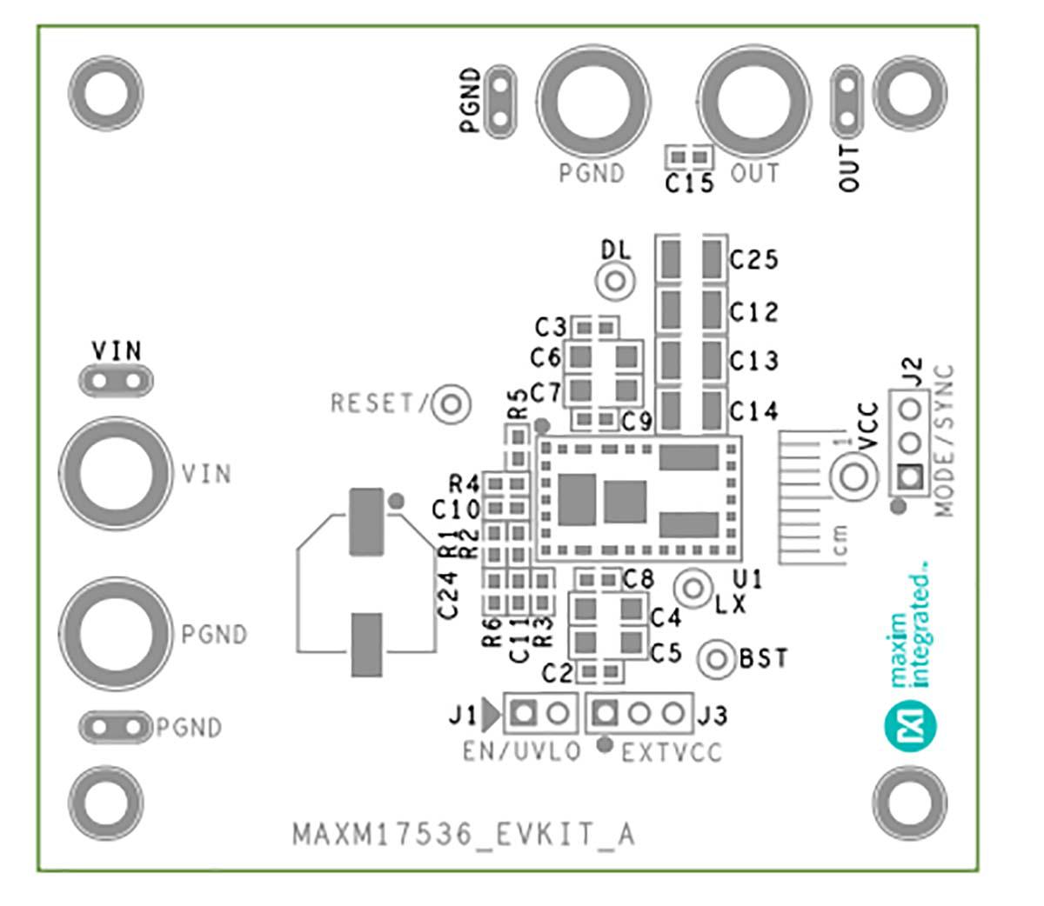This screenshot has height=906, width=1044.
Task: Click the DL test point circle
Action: tap(615, 281)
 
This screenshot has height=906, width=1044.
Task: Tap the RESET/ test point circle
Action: tap(451, 404)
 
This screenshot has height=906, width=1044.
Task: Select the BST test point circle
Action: tap(717, 659)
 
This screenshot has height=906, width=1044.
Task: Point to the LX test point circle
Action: tap(693, 589)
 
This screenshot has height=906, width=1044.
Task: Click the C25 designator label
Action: tap(753, 260)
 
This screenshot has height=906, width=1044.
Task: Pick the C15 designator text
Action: tap(689, 183)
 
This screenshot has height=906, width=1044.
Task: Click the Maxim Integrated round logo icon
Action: tap(910, 724)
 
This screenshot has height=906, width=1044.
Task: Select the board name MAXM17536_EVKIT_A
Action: tap(464, 835)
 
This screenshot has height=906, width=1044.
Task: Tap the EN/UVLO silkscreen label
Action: tap(521, 751)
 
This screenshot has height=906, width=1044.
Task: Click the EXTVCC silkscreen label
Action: tap(672, 752)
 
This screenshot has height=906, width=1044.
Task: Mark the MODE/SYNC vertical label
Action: tap(944, 441)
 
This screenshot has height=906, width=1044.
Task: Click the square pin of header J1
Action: tap(523, 712)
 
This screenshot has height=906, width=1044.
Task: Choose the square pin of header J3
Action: tap(606, 712)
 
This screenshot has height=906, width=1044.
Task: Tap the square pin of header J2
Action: tap(910, 476)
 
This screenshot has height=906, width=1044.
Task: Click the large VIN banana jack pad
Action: tap(116, 473)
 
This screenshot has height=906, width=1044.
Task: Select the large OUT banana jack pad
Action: tap(753, 102)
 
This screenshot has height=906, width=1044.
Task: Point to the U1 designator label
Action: tap(747, 579)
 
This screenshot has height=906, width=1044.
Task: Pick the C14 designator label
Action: tap(753, 411)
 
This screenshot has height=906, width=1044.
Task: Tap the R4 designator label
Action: tap(464, 483)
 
